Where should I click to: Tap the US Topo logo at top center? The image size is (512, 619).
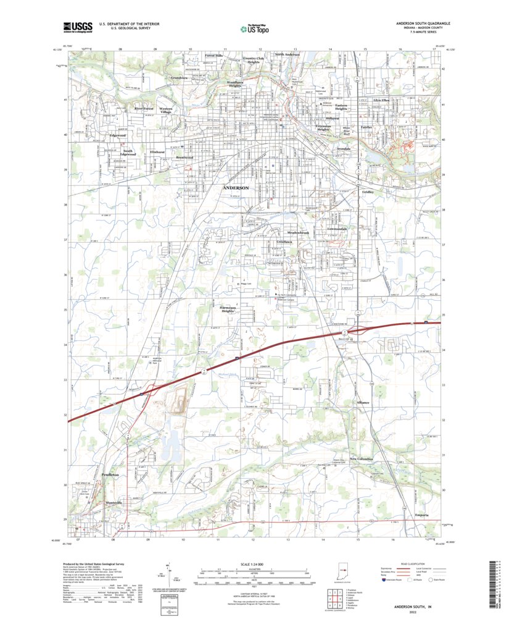[x=254, y=28]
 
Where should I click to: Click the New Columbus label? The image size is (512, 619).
[x=361, y=459]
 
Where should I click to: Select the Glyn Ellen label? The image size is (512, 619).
[x=381, y=99]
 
